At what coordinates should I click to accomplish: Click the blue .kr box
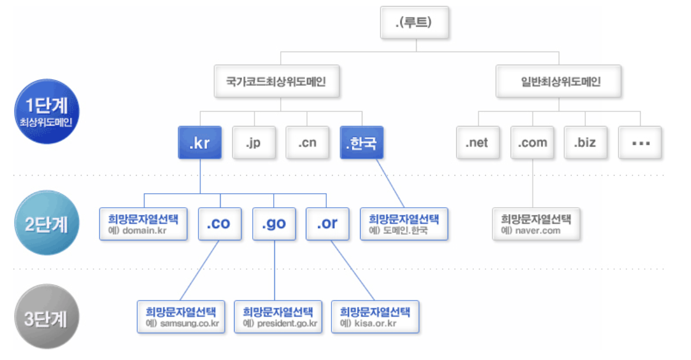pyautogui.click(x=200, y=143)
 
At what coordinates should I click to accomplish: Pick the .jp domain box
pyautogui.click(x=254, y=143)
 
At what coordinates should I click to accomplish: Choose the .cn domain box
pyautogui.click(x=308, y=143)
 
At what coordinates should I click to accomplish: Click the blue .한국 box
pyautogui.click(x=362, y=143)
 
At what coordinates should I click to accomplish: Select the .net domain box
pyautogui.click(x=477, y=143)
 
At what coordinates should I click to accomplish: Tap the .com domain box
pyautogui.click(x=532, y=143)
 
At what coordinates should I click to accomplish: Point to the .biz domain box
pyautogui.click(x=585, y=143)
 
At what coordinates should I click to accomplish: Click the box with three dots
pyautogui.click(x=640, y=143)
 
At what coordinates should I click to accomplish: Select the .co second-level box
pyautogui.click(x=219, y=223)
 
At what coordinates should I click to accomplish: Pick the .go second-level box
pyautogui.click(x=274, y=223)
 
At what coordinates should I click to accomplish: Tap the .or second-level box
pyautogui.click(x=327, y=223)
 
